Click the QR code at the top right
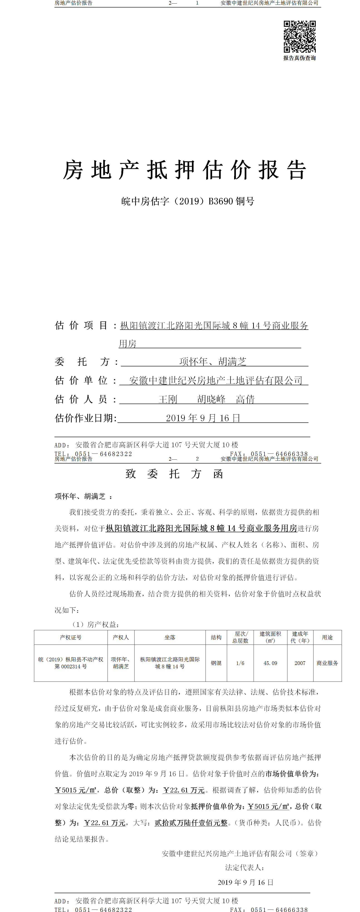[x=299, y=37]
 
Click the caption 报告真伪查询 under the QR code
[x=299, y=58]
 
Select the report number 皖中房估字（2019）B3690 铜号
[x=188, y=201]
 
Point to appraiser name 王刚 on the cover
[x=168, y=399]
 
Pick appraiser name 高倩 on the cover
[x=245, y=399]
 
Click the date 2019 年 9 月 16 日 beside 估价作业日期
[x=203, y=418]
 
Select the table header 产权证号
[x=71, y=637]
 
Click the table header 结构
[x=216, y=637]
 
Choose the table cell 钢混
[x=216, y=663]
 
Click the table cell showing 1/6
[x=240, y=663]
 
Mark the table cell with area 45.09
[x=270, y=663]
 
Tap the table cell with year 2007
[x=300, y=663]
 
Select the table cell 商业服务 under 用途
[x=327, y=663]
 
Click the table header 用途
[x=327, y=637]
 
